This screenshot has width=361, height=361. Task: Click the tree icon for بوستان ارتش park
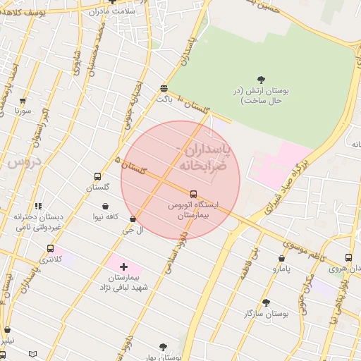[x=262, y=80]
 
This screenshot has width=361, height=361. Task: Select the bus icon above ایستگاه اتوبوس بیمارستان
[x=194, y=193]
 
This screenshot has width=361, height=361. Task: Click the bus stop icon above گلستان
[x=97, y=177]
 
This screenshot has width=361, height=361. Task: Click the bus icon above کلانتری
[x=50, y=248]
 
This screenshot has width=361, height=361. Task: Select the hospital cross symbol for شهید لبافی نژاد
[x=124, y=267]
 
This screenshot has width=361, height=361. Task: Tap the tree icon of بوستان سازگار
[x=267, y=302]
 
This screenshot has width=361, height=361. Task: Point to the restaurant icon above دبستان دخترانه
[x=38, y=206]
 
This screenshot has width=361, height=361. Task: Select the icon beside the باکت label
[x=164, y=88]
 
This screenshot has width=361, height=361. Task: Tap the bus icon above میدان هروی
[x=348, y=257]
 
